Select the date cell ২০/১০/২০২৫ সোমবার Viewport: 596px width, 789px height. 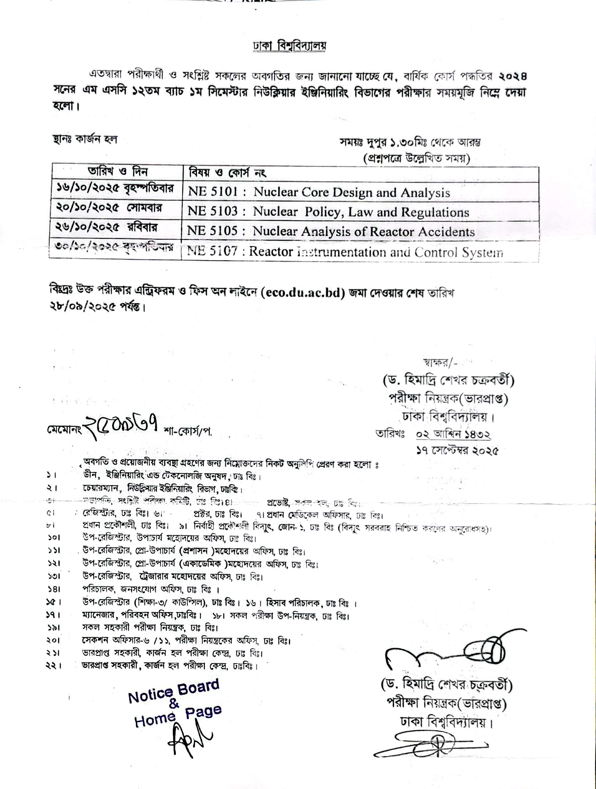tap(109, 207)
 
